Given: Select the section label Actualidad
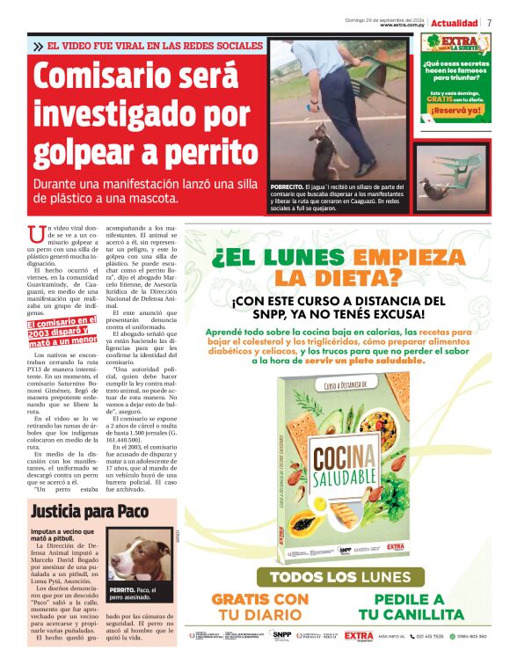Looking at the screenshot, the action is coord(455,22).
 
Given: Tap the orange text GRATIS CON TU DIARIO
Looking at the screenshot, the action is coord(260,605).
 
